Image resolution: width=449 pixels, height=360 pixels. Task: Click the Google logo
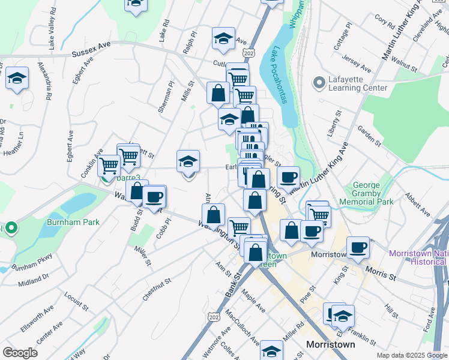20,352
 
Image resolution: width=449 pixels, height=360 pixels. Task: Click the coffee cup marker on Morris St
359,247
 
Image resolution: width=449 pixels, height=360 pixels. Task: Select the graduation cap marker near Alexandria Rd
17,78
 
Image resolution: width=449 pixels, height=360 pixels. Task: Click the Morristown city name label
330,345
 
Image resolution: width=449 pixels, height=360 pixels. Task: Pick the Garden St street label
369,136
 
